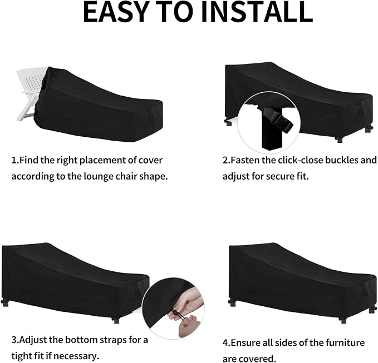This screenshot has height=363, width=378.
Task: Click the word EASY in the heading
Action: pyautogui.click(x=115, y=12)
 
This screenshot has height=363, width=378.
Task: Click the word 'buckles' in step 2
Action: pyautogui.click(x=342, y=160)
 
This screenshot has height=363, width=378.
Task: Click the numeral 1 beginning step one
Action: pyautogui.click(x=14, y=161)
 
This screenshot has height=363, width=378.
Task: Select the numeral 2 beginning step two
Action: pyautogui.click(x=225, y=161)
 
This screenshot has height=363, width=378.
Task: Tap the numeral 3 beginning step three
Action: pyautogui.click(x=14, y=340)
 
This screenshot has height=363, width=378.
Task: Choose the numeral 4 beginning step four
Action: pyautogui.click(x=225, y=343)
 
